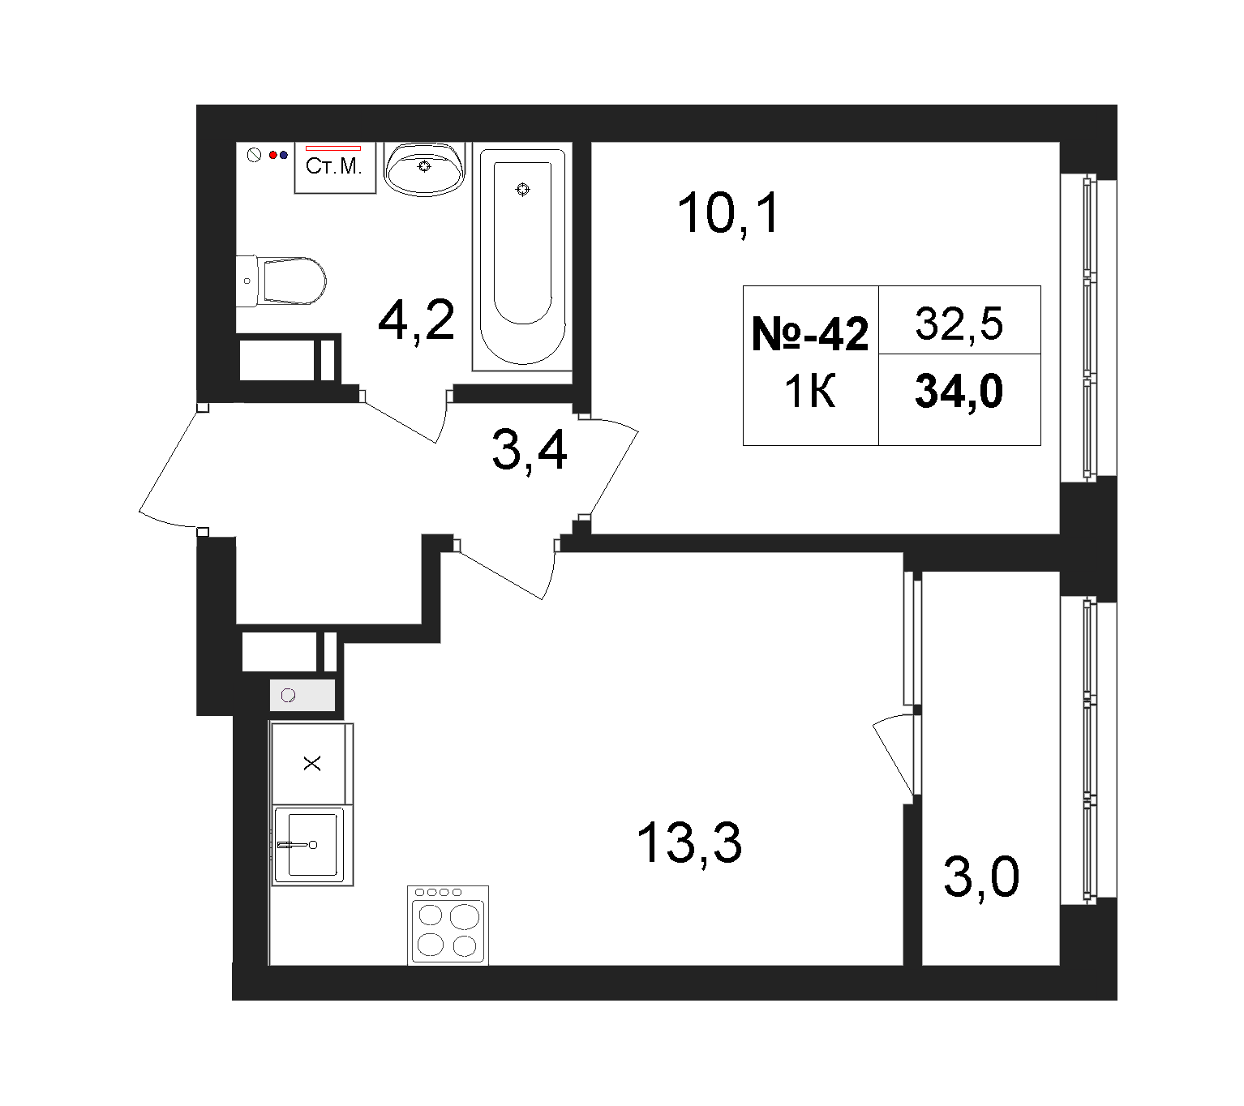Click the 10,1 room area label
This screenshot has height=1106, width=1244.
[x=728, y=214]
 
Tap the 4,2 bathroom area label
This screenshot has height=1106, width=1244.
[x=416, y=320]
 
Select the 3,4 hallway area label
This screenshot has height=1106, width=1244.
[x=530, y=450]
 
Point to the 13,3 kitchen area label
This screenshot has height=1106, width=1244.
[x=689, y=843]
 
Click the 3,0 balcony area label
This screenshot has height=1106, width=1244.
[x=981, y=877]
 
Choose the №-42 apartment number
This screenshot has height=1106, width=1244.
[x=810, y=335]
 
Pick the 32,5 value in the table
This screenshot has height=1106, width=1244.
[x=959, y=324]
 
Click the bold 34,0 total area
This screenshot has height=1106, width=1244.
[x=959, y=391]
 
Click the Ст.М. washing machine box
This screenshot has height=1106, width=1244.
[x=335, y=168]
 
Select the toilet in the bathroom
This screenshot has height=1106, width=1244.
[x=281, y=281]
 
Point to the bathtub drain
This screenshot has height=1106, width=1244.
[x=522, y=190]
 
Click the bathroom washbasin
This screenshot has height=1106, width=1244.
[x=424, y=169]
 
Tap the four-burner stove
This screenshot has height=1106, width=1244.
[x=448, y=925]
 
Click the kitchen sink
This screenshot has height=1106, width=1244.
[x=312, y=846]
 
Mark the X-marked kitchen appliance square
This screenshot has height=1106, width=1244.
[x=312, y=764]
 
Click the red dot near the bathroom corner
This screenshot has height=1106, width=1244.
[x=273, y=156]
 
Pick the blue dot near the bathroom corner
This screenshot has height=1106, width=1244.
[x=284, y=156]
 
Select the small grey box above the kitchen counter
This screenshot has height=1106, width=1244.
[x=302, y=695]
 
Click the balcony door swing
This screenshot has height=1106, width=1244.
[x=894, y=756]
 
